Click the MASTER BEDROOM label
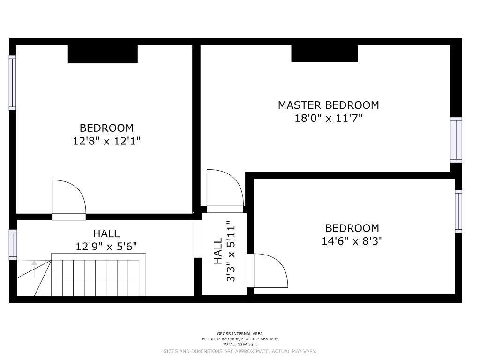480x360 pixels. [x=328, y=105]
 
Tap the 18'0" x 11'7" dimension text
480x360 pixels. [x=328, y=118]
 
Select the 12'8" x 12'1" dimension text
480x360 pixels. [x=106, y=141]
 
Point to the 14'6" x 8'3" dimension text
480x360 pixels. [x=352, y=241]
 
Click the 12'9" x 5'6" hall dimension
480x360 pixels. [x=106, y=246]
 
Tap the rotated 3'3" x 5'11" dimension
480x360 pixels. [x=231, y=254]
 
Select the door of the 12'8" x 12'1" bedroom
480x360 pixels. [x=69, y=200]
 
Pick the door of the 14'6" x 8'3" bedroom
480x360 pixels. [x=267, y=270]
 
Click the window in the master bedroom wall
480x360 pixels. [x=456, y=140]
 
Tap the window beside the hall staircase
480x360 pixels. [x=13, y=245]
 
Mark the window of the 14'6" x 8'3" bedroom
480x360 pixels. [x=458, y=211]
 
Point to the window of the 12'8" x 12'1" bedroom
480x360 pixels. [x=12, y=82]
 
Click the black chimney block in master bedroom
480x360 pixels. [x=324, y=53]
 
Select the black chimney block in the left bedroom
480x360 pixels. [x=103, y=54]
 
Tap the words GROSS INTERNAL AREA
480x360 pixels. [x=240, y=334]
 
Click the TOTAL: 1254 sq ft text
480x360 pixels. [x=240, y=344]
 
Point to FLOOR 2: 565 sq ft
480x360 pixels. [x=259, y=339]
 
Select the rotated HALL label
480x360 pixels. [x=217, y=251]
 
